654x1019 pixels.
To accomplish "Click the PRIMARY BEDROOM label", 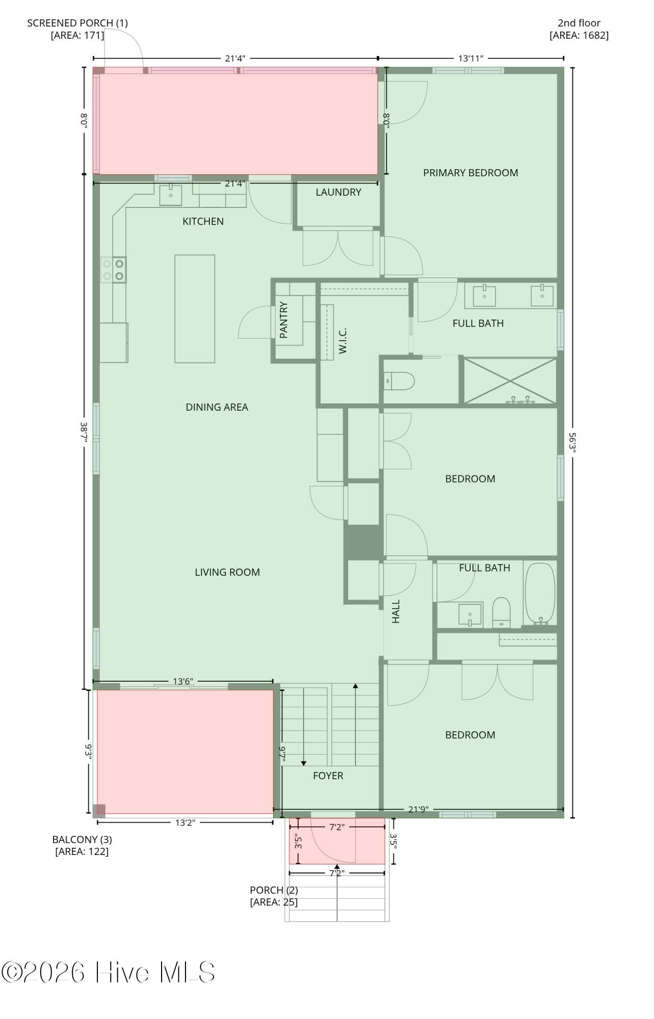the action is (470, 173).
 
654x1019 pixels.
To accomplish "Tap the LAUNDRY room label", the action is (338, 192).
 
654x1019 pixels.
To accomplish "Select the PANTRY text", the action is (284, 320).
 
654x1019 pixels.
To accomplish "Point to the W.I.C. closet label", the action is (343, 341).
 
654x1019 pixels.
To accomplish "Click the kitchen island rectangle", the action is (195, 309).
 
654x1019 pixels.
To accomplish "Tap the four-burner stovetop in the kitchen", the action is (114, 270).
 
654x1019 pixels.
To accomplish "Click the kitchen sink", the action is (171, 195).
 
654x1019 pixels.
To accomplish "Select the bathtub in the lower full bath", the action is (540, 594).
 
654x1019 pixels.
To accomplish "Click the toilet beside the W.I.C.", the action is (399, 381).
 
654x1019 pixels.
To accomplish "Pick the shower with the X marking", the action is (510, 381).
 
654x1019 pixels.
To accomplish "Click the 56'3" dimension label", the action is (572, 442).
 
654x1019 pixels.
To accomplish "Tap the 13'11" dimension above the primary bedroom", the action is (470, 58).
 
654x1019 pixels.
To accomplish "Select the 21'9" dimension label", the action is (418, 809).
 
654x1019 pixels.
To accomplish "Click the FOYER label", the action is (328, 775).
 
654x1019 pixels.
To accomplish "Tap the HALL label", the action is (396, 611).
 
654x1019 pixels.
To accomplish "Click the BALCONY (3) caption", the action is (82, 839).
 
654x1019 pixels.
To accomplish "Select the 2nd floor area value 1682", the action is (594, 35).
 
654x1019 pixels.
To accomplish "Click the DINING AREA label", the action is (217, 407).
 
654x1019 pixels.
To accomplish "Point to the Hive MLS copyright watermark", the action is (108, 972).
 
